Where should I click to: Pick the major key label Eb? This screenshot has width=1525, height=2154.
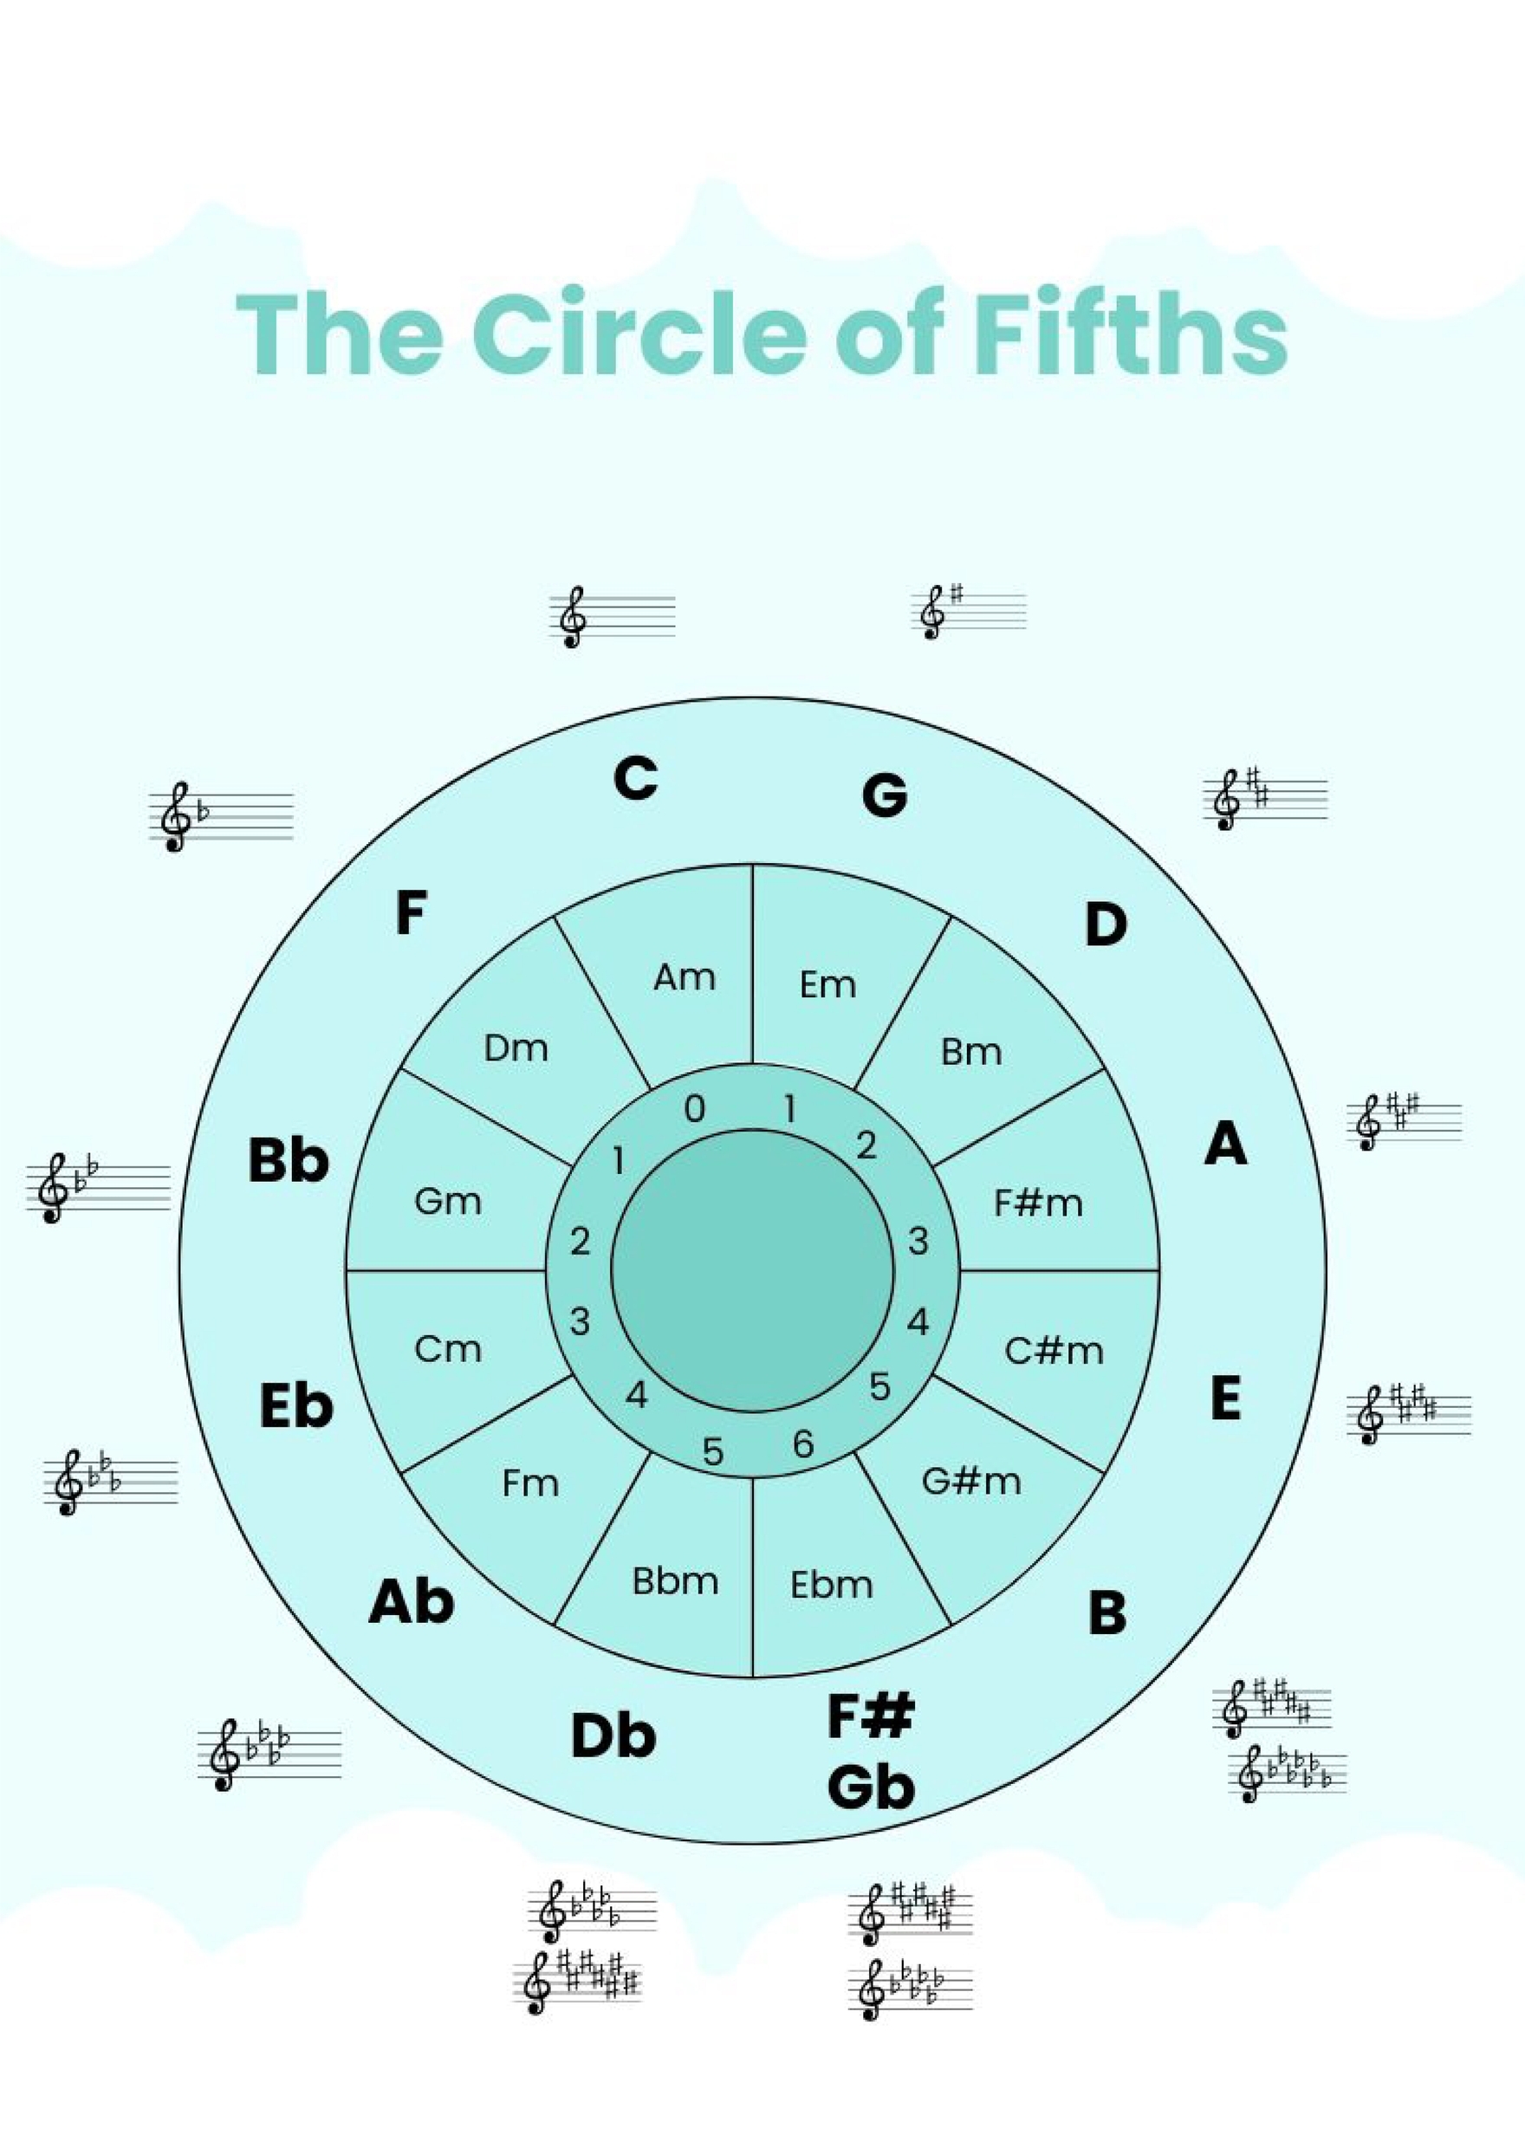[x=295, y=1406]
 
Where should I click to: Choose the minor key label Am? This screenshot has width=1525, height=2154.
[x=685, y=977]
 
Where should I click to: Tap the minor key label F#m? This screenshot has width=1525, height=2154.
[x=1038, y=1203]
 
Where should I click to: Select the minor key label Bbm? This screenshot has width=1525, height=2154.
[x=675, y=1582]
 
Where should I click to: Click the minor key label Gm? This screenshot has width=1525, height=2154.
[x=448, y=1201]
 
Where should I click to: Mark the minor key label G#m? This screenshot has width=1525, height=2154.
[x=971, y=1481]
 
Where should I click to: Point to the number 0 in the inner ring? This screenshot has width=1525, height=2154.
[x=694, y=1109]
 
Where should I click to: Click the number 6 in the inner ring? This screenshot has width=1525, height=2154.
[x=803, y=1444]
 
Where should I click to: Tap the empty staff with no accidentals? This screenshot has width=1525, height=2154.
[x=613, y=617]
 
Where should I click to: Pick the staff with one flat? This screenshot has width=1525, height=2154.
[x=221, y=817]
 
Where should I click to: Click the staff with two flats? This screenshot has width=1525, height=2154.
[x=99, y=1187]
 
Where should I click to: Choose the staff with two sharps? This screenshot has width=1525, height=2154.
[x=1265, y=799]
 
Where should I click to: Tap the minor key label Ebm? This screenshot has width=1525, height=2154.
[x=831, y=1585]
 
